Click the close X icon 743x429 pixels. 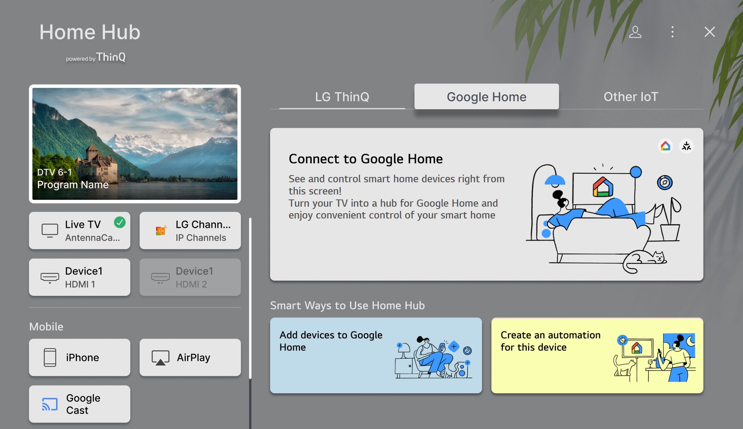(709, 32)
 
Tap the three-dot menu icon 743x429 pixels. (672, 32)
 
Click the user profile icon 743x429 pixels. (635, 32)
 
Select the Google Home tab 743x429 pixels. (486, 96)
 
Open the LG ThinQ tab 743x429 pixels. (342, 96)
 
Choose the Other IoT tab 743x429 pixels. (631, 96)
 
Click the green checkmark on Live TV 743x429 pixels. (120, 222)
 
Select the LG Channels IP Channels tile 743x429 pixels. (190, 231)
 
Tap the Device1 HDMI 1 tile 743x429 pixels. (80, 277)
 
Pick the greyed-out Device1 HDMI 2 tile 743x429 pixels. (190, 277)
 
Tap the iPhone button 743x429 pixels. (80, 357)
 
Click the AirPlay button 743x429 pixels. (190, 357)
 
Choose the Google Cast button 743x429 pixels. (80, 404)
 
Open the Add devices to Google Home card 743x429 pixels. (376, 355)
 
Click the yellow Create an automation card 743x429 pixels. (597, 355)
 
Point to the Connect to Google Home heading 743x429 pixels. (365, 159)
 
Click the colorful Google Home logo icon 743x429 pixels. (665, 146)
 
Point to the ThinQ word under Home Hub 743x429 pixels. (111, 57)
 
